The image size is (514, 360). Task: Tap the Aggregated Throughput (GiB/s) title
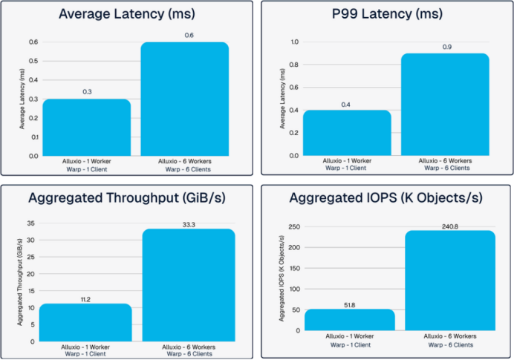click(x=128, y=199)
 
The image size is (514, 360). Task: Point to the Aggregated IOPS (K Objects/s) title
click(x=386, y=199)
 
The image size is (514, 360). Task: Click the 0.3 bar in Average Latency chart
click(x=86, y=128)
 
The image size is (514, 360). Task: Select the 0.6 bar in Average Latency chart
click(x=184, y=99)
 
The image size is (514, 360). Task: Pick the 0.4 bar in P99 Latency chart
click(x=347, y=134)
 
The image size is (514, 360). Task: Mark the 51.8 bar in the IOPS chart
click(x=349, y=320)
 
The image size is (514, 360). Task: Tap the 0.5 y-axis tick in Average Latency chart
click(x=33, y=62)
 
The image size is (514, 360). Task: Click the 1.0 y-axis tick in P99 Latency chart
click(x=293, y=42)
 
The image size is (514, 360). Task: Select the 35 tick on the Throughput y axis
click(x=30, y=223)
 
